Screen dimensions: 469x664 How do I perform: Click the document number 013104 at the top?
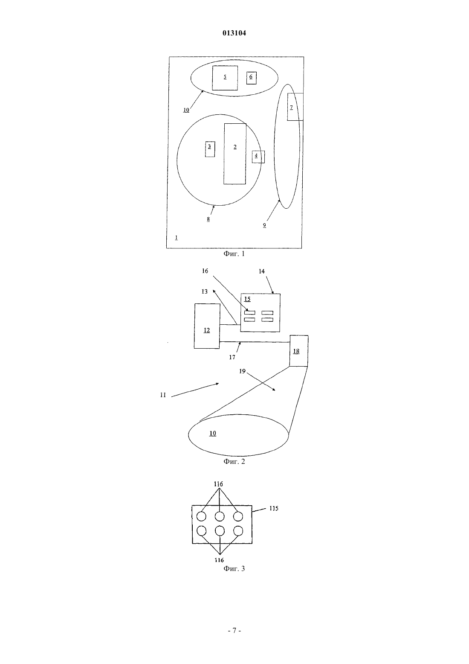pos(234,33)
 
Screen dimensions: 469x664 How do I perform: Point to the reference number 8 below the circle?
pos(208,219)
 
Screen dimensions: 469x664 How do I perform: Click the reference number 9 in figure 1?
pos(264,225)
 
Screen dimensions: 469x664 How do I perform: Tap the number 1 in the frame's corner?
pos(177,237)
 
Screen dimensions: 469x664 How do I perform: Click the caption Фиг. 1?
pos(234,254)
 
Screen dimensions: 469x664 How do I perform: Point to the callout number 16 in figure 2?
pos(205,271)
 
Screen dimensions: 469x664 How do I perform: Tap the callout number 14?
pos(262,271)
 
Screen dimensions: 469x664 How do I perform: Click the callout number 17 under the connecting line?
pos(232,357)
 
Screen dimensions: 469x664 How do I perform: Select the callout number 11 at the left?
pos(163,395)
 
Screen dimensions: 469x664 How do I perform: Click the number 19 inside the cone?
pos(243,371)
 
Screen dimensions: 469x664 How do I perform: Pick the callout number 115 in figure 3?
pos(274,508)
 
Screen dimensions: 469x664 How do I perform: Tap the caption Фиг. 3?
pos(234,568)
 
